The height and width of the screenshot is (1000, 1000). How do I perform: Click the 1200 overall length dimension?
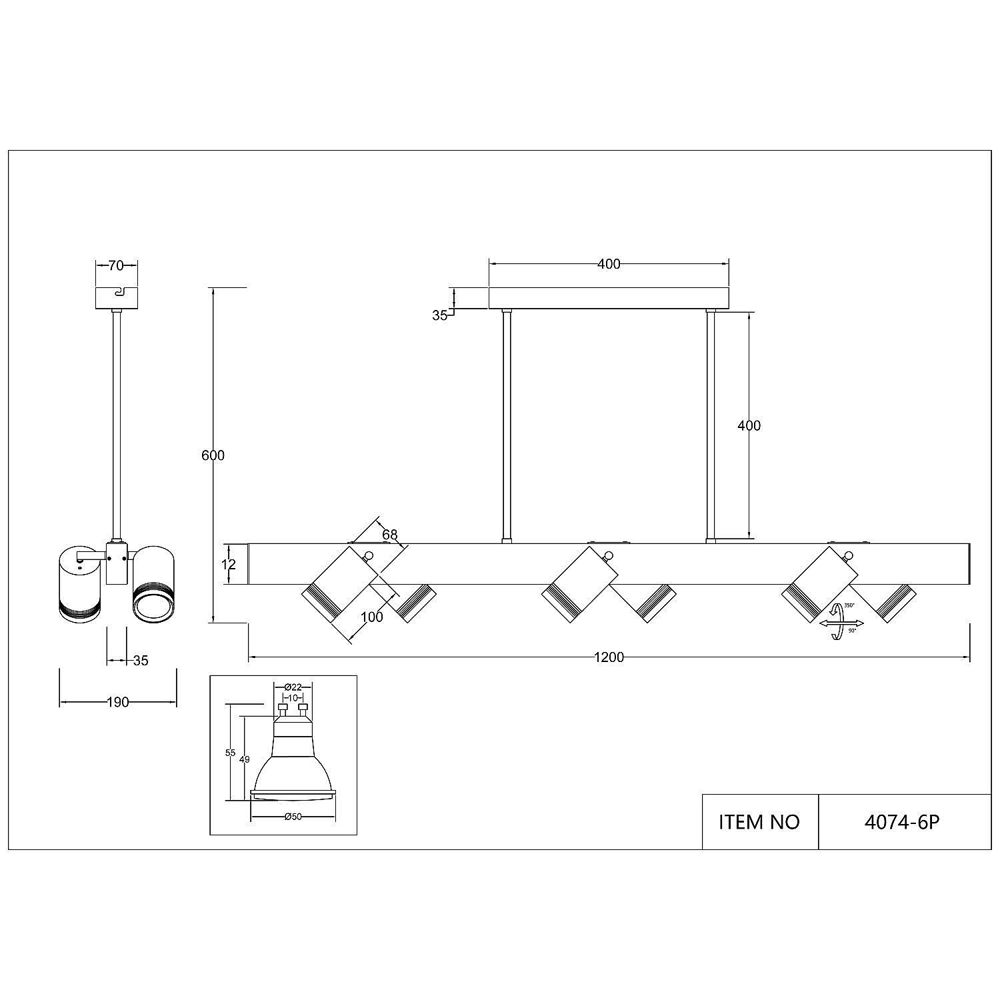coord(609,657)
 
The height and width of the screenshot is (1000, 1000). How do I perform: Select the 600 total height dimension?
coord(213,455)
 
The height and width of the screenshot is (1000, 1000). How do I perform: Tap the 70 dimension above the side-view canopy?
coord(116,265)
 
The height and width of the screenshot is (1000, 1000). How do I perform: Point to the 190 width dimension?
coord(117,702)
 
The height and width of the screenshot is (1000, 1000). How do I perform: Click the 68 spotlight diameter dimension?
coord(390,534)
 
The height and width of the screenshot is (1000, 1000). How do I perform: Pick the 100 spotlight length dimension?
coord(371,617)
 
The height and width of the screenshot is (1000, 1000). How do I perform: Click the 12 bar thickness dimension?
coord(229,564)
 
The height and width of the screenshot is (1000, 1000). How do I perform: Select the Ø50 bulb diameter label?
coord(293,817)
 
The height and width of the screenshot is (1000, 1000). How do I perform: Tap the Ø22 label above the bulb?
coord(293,687)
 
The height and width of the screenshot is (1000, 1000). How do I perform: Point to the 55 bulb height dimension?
coord(231,753)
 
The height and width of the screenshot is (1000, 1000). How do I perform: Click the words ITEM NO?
coord(759,822)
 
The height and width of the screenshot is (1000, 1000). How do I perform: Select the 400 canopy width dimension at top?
coord(609,264)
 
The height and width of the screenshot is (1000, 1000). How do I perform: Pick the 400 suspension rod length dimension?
coord(749,425)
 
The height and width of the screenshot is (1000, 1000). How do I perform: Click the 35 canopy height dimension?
coord(439,315)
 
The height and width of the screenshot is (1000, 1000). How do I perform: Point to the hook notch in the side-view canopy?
coord(118,292)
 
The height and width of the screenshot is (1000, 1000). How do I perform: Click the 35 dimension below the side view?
coord(140,661)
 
